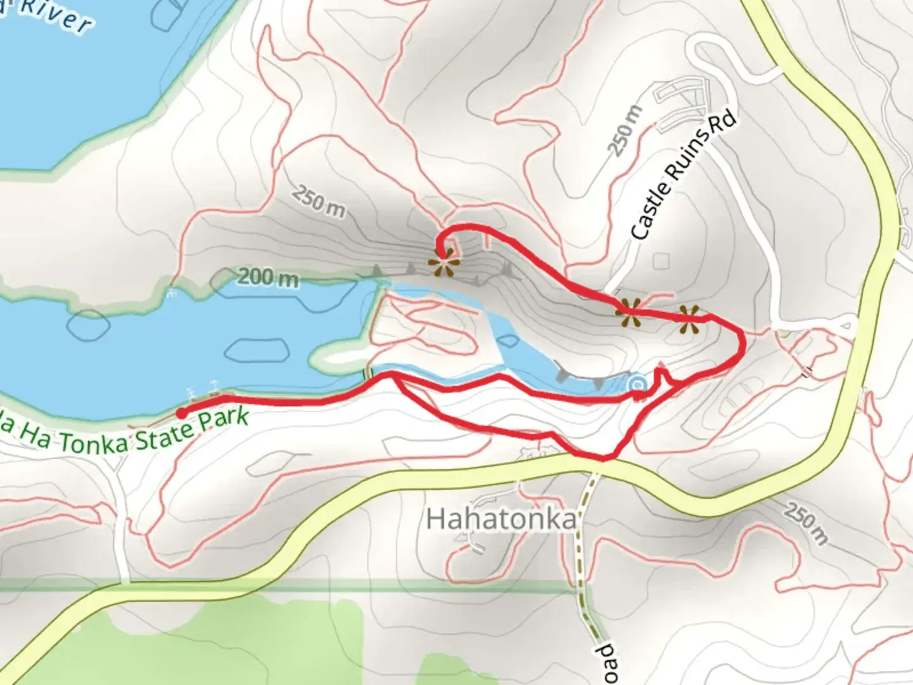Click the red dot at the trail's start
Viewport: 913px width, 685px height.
point(181,414)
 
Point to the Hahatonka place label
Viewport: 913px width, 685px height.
point(501,519)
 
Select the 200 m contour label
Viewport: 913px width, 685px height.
point(269,277)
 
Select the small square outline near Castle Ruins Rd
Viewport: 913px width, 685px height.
point(661,261)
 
